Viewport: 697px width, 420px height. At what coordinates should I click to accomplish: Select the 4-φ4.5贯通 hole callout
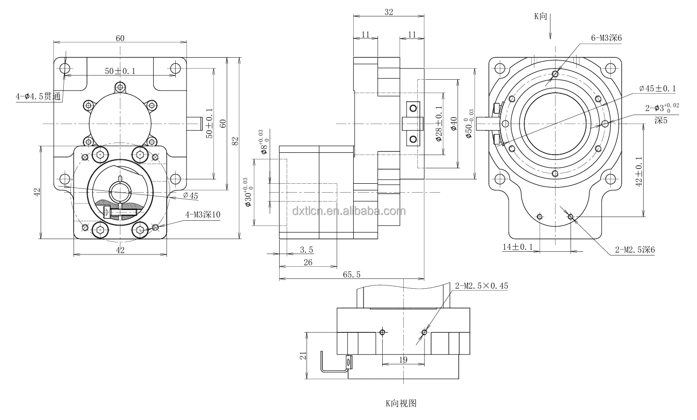[38, 97]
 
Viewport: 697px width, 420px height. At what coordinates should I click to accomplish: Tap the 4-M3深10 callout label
[202, 215]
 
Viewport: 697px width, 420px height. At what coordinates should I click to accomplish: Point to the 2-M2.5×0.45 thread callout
[481, 285]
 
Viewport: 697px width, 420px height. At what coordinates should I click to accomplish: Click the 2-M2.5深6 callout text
[635, 250]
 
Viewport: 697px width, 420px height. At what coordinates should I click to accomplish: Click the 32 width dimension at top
[388, 13]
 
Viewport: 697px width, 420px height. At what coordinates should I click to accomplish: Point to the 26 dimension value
[308, 262]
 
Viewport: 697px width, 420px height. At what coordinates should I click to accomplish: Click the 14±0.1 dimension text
[518, 247]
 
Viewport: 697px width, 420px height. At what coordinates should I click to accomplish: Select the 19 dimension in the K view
[403, 360]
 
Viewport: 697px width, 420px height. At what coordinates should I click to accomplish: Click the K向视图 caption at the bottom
[400, 403]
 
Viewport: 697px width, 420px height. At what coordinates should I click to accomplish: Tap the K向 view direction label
[541, 16]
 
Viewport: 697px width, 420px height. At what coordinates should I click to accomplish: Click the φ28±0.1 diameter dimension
[439, 124]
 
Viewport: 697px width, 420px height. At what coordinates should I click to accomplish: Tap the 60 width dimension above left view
[120, 38]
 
